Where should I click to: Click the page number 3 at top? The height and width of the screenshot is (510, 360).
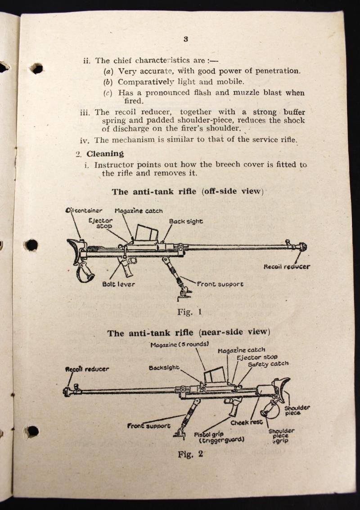click(185, 39)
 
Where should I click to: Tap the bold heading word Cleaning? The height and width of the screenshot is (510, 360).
click(105, 153)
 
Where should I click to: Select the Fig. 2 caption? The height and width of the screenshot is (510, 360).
click(190, 454)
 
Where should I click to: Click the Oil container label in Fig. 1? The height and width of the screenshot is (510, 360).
click(84, 210)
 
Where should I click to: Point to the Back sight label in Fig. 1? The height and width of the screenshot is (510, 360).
click(186, 221)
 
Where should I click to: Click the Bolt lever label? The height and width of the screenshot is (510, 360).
click(118, 284)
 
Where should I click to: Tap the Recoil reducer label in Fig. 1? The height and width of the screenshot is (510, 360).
click(287, 266)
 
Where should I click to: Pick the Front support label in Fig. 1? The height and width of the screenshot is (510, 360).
click(220, 284)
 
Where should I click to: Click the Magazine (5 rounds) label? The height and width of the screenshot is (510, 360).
click(180, 344)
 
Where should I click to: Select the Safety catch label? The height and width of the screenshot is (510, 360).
click(268, 364)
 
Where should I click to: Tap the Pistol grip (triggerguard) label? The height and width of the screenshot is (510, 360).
click(219, 437)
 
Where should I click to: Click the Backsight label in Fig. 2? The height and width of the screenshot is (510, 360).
click(164, 367)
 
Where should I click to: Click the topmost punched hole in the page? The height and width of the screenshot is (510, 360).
click(37, 68)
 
